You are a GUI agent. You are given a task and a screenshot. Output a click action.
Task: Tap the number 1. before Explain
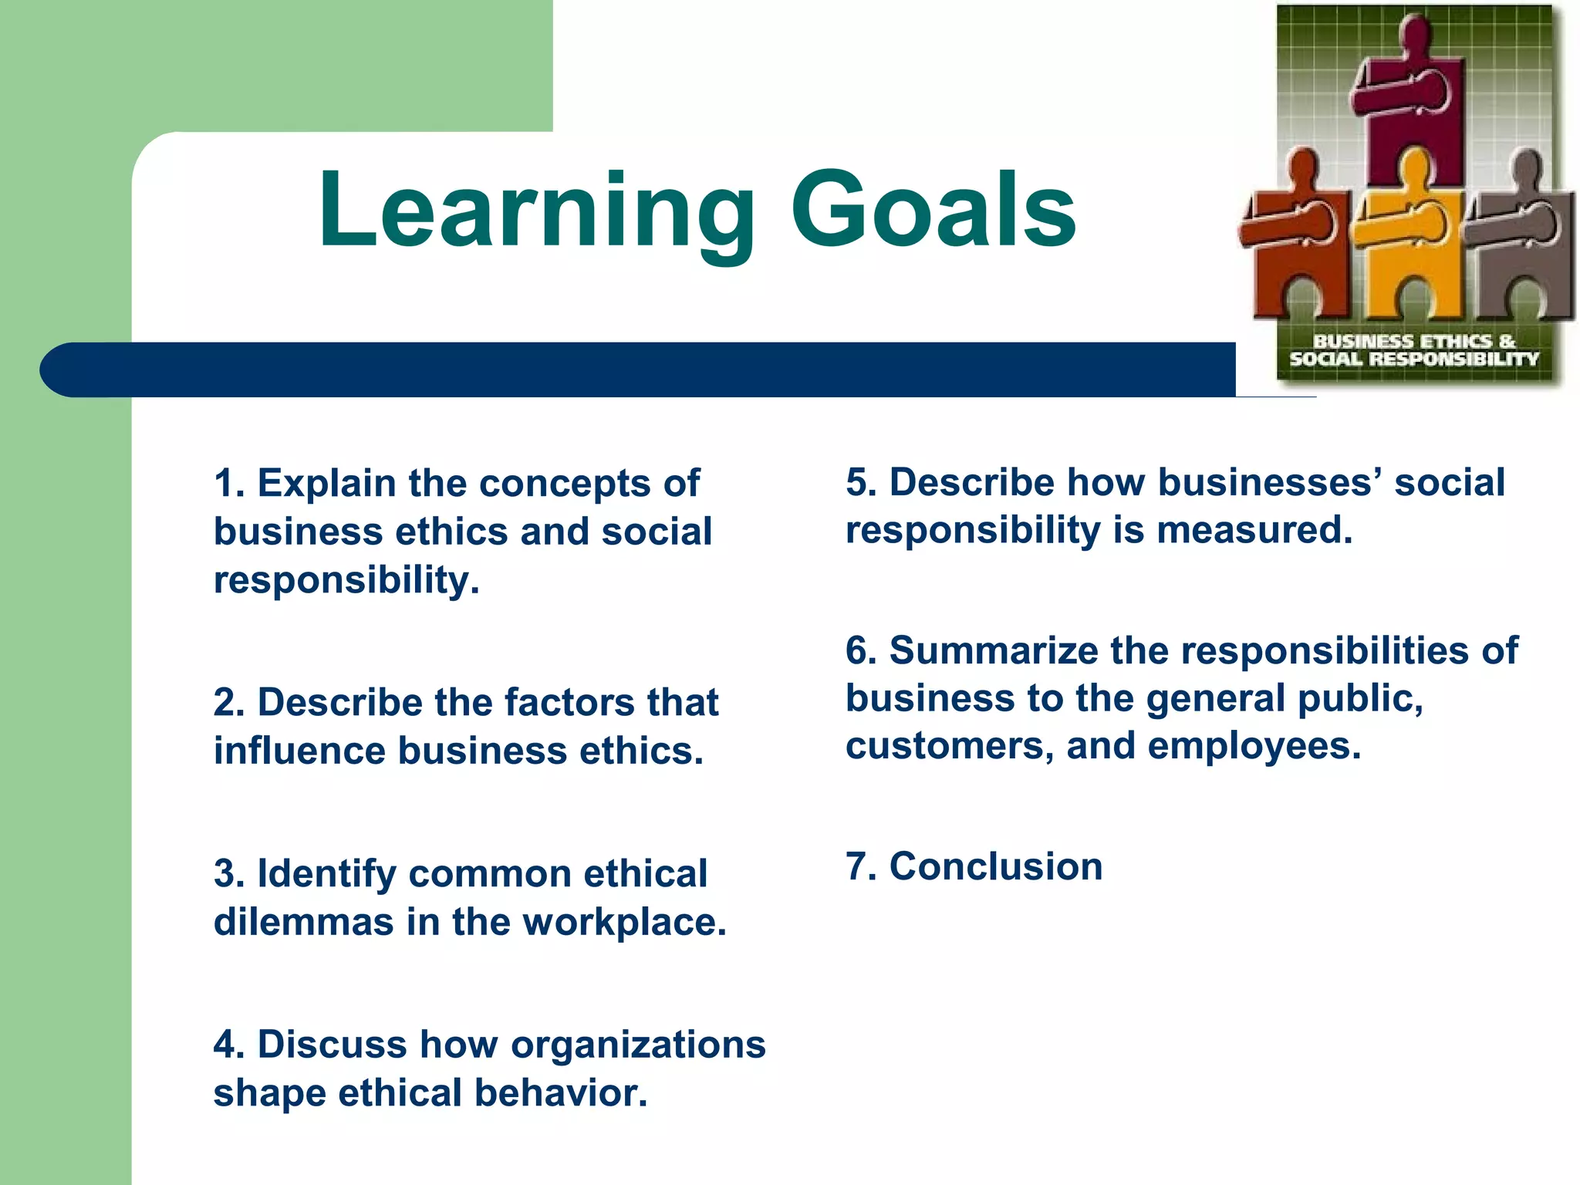[229, 484]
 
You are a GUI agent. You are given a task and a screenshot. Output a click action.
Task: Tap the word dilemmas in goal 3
[303, 923]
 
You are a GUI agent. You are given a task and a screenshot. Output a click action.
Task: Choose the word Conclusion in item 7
[995, 867]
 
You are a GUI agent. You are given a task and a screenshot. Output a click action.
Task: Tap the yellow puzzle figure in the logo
[1409, 239]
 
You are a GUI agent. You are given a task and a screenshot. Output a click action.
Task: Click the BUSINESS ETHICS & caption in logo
[1413, 341]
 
